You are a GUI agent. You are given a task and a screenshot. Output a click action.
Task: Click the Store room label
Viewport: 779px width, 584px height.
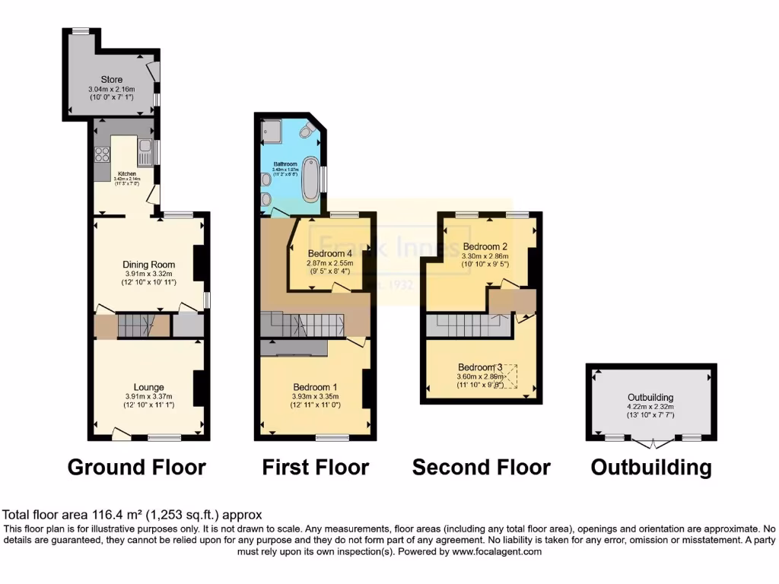[x=112, y=79]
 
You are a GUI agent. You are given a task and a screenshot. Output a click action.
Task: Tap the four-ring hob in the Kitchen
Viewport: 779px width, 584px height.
[x=101, y=154]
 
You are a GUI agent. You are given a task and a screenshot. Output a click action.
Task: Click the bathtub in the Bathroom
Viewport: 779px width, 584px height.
[x=311, y=179]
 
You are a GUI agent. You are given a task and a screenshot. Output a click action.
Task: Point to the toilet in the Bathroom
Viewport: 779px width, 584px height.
[x=307, y=132]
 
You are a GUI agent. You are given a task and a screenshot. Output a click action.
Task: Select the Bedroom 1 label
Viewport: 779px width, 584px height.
[x=314, y=386]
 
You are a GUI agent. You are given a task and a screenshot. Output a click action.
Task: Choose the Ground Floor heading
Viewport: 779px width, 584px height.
[x=137, y=466]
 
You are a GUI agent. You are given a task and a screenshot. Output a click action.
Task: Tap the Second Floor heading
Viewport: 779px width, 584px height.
[x=481, y=466]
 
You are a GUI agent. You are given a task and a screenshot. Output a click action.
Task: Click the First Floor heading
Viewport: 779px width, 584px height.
[x=315, y=466]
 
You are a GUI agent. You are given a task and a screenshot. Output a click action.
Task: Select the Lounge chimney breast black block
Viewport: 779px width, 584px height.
[x=201, y=387]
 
